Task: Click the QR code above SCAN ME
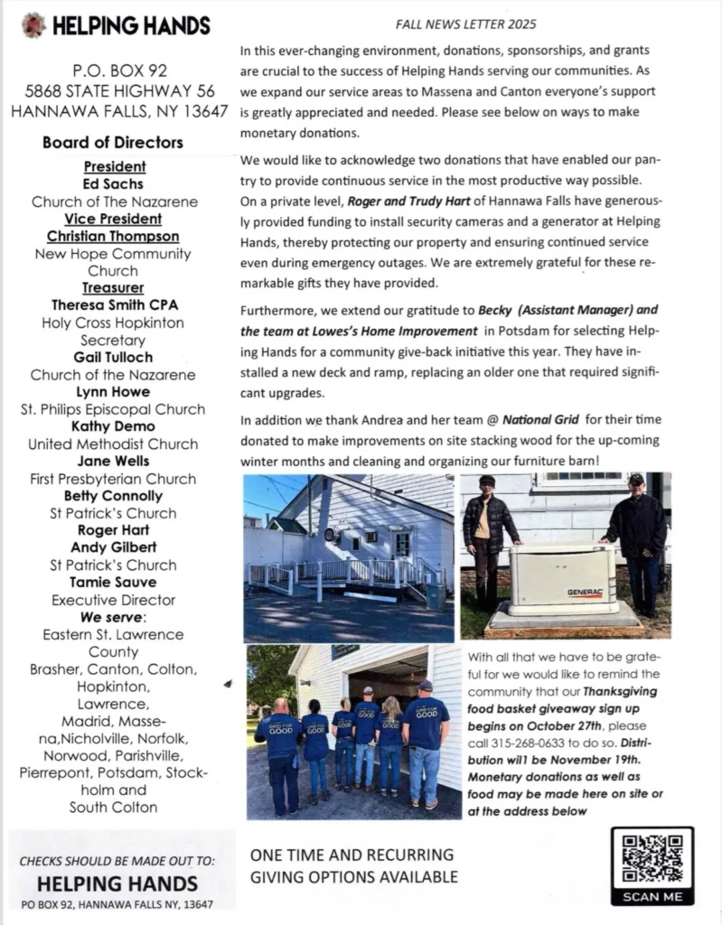652,858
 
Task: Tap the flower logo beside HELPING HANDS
34,24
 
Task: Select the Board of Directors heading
112,142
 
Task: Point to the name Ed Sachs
114,184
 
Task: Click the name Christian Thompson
113,237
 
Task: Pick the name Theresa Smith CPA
113,305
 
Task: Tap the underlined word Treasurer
113,288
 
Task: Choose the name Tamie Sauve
113,583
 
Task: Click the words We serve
113,617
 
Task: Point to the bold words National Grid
540,419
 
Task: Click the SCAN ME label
652,897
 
